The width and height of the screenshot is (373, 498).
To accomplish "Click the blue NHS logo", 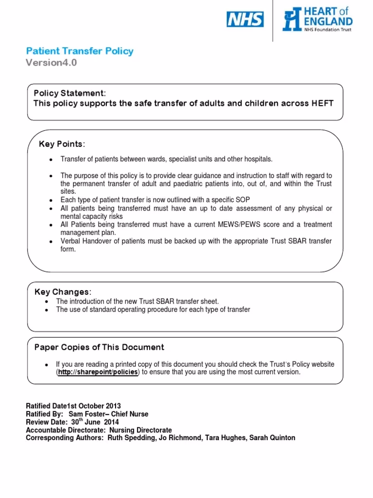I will click(245, 19).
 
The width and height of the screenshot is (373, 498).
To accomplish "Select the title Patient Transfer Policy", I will click(79, 51).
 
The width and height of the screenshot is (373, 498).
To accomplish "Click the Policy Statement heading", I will click(68, 93).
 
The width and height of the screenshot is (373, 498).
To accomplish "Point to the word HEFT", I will click(322, 103).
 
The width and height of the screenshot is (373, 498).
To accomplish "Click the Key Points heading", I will click(62, 144).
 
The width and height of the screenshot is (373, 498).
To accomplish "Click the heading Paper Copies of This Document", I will click(99, 347).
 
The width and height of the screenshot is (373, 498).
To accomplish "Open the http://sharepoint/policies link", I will click(98, 372).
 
